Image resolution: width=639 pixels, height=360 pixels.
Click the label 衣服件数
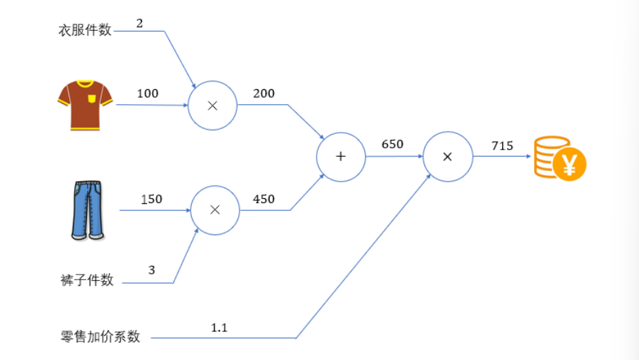tap(85, 31)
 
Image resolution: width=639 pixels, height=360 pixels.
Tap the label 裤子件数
tap(87, 280)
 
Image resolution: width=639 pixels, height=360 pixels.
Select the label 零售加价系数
tap(101, 336)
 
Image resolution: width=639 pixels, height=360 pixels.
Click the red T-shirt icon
tap(85, 105)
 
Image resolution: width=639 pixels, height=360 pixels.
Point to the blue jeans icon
tap(88, 210)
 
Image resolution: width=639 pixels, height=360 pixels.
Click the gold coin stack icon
tap(559, 158)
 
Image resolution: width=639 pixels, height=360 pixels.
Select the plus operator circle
tap(341, 156)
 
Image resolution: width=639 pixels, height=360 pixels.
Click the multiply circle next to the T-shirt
tap(212, 106)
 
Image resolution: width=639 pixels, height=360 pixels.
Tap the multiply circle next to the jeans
tap(215, 210)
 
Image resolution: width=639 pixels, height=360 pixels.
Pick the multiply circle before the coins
tap(447, 156)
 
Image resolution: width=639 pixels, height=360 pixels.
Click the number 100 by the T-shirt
tap(148, 93)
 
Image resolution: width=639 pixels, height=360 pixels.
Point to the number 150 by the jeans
tap(151, 199)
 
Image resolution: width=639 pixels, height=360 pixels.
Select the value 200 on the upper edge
tap(263, 93)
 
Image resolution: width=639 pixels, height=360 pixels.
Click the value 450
tap(263, 199)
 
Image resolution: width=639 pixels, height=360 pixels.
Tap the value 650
tap(392, 144)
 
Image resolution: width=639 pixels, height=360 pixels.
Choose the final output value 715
tap(502, 145)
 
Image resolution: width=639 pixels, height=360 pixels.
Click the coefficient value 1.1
tap(220, 327)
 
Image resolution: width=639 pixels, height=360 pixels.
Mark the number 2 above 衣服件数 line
tap(140, 23)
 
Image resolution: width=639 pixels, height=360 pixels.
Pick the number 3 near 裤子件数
tap(152, 270)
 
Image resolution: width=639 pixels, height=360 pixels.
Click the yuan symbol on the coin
tap(570, 166)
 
